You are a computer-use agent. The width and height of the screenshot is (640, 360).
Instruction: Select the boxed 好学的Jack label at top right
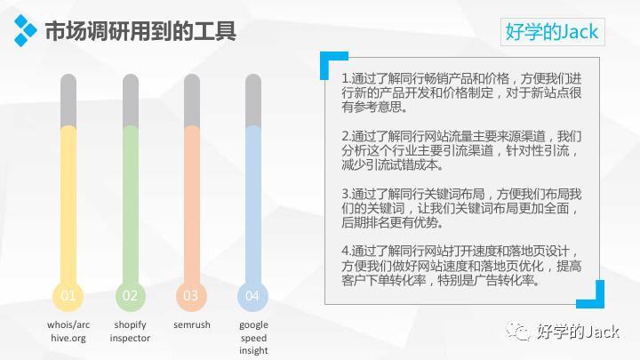(552, 32)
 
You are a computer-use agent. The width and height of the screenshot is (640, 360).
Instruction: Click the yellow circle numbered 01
(68, 295)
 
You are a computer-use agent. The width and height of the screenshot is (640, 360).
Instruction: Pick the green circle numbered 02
(130, 295)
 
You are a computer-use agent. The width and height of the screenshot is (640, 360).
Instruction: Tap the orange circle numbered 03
(191, 295)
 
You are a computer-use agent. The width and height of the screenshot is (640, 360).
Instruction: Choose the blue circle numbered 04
(252, 295)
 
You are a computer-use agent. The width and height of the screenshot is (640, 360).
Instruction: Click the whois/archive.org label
(68, 331)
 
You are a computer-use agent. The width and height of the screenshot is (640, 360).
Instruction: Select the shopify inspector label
(130, 331)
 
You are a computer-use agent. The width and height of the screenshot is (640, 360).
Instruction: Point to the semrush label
(191, 325)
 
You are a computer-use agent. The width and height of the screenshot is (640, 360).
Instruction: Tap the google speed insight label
(252, 337)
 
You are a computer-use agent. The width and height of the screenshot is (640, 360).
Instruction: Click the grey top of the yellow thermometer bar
(68, 100)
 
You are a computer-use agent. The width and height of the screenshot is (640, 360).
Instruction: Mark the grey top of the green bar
(130, 100)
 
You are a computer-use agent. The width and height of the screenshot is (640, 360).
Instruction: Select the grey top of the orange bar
(191, 100)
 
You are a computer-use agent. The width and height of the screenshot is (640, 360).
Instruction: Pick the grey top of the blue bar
(252, 100)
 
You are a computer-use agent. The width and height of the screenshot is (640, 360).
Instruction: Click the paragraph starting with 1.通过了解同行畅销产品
(460, 92)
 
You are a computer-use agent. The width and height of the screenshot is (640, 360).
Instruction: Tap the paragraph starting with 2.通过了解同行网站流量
(460, 150)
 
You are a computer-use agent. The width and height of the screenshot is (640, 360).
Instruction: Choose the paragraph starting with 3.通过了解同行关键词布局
(460, 208)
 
